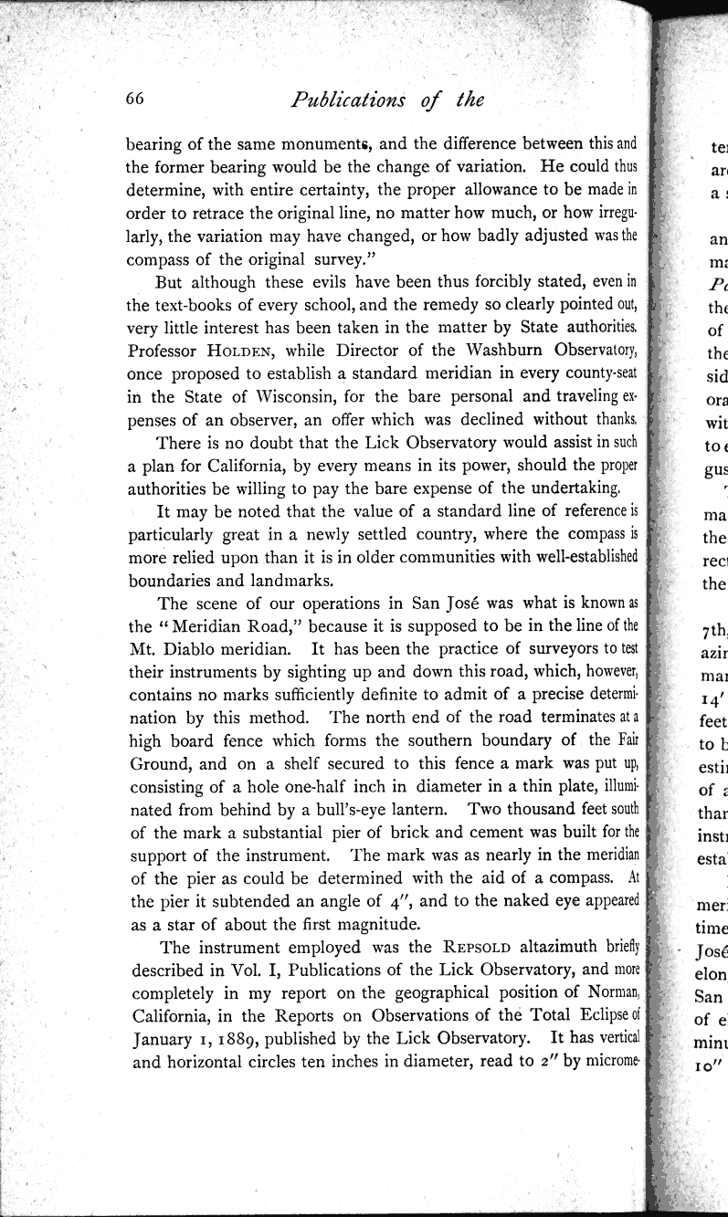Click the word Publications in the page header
click(342, 100)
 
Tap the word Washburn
click(455, 348)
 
